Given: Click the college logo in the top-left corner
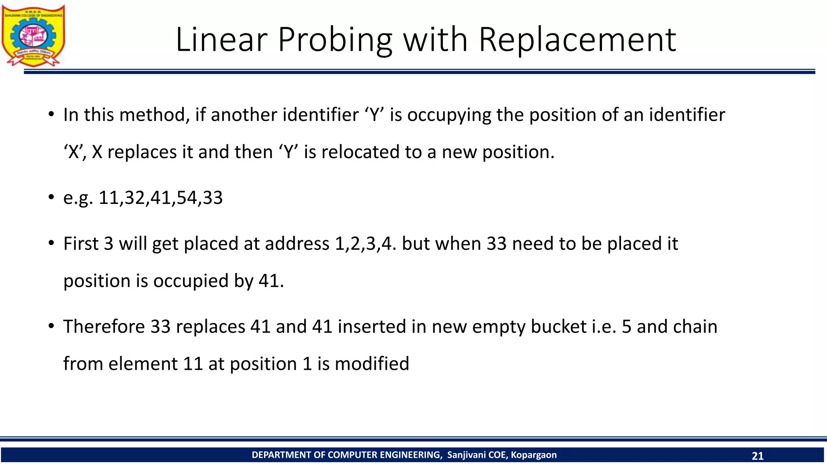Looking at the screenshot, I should pyautogui.click(x=33, y=36).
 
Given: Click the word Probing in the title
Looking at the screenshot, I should pyautogui.click(x=335, y=40).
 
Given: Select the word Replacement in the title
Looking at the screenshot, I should pyautogui.click(x=577, y=40).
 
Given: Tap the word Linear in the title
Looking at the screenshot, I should pyautogui.click(x=222, y=40).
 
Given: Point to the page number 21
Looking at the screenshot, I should pyautogui.click(x=758, y=456).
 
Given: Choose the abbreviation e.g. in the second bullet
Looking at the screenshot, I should pyautogui.click(x=78, y=198).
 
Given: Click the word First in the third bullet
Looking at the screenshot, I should pyautogui.click(x=81, y=243).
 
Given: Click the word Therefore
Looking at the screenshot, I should pyautogui.click(x=104, y=326).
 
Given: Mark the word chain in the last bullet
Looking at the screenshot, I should pyautogui.click(x=697, y=326).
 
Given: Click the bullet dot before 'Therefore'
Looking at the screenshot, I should pyautogui.click(x=51, y=325).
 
